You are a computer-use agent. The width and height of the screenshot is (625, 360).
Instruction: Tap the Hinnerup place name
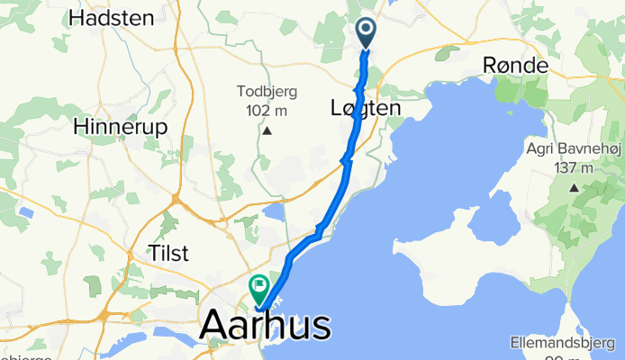[122, 127]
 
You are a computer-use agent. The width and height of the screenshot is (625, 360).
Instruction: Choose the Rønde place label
[515, 65]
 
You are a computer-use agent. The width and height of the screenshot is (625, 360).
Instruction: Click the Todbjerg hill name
[267, 91]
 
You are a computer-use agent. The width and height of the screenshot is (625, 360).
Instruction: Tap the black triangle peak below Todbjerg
[267, 131]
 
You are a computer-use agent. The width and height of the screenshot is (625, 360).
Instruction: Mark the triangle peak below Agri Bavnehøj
[574, 188]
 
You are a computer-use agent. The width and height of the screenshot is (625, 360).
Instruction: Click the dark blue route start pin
[367, 32]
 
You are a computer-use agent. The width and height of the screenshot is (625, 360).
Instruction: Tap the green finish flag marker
[259, 289]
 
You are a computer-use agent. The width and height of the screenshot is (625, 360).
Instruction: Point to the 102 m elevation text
[267, 110]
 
